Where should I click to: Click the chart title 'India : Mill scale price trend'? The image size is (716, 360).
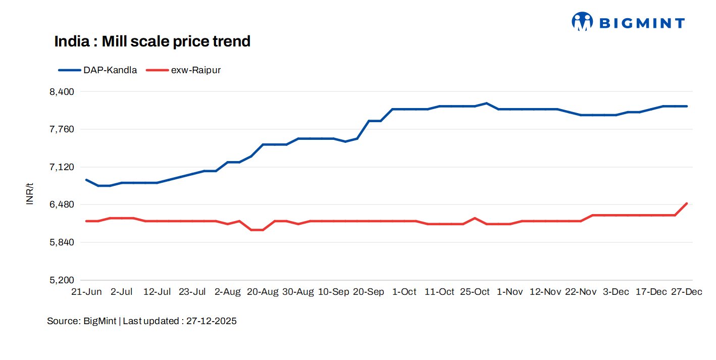tap(152, 41)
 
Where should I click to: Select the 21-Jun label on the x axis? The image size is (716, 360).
tap(86, 292)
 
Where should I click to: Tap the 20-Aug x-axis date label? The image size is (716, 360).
tap(263, 292)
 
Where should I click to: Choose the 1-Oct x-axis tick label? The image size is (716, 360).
tap(404, 292)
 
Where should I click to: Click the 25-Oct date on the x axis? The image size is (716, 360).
tap(475, 292)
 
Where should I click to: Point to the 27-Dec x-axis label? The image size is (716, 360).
tap(686, 292)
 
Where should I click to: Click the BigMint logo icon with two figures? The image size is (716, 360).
tap(582, 22)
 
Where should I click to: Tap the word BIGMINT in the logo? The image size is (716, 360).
tap(641, 23)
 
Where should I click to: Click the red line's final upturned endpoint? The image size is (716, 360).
tap(687, 203)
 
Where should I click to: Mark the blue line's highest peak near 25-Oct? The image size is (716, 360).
tap(486, 103)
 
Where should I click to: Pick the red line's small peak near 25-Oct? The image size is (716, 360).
tap(475, 218)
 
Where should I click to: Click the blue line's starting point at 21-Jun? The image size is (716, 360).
tap(86, 180)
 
